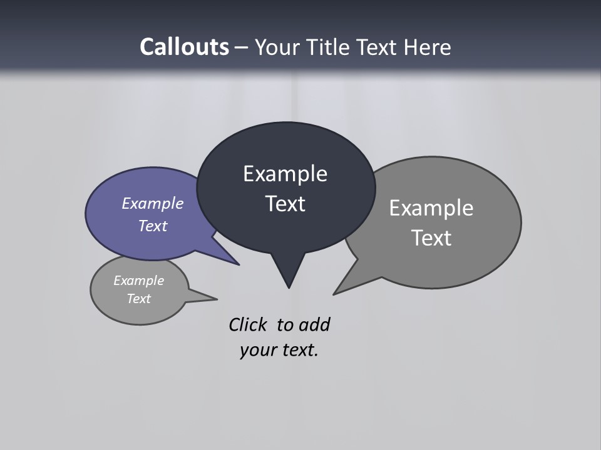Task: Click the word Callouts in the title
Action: [x=184, y=47]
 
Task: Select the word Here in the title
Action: [x=427, y=47]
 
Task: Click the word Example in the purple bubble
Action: [x=153, y=204]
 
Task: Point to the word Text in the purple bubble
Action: [x=153, y=226]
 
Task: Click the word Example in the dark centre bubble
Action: [x=285, y=174]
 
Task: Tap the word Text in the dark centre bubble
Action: [x=285, y=204]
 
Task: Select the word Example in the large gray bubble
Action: [x=431, y=208]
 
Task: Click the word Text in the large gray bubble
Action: [x=431, y=238]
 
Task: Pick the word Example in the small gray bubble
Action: [x=139, y=281]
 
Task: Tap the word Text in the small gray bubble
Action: [x=139, y=299]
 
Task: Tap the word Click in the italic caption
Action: [x=247, y=325]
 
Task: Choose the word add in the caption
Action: [x=314, y=325]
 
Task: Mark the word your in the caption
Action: [x=257, y=350]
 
